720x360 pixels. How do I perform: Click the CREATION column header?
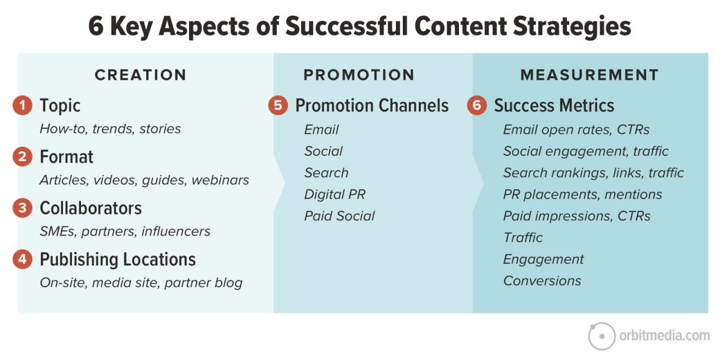(140, 75)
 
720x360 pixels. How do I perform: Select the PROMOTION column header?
(359, 75)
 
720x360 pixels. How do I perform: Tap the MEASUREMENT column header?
(589, 75)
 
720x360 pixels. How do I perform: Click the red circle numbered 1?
(22, 106)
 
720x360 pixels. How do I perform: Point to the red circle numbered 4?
(22, 259)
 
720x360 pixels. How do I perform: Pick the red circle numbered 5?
(278, 106)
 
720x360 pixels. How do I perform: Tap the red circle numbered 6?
(476, 106)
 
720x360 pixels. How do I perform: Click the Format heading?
(66, 157)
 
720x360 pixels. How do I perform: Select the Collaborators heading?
(91, 208)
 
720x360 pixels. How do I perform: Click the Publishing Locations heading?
(118, 259)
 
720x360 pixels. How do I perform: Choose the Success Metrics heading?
(553, 106)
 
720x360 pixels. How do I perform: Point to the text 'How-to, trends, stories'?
(110, 129)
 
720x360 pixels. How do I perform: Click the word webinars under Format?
(220, 180)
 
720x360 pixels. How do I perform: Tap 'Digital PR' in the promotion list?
(335, 195)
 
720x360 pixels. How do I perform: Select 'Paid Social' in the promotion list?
(339, 216)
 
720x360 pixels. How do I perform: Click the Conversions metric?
(542, 281)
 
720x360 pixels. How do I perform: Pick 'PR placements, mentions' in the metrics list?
(582, 195)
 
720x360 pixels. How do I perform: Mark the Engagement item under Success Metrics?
(543, 259)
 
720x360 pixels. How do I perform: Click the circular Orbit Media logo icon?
(601, 336)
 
